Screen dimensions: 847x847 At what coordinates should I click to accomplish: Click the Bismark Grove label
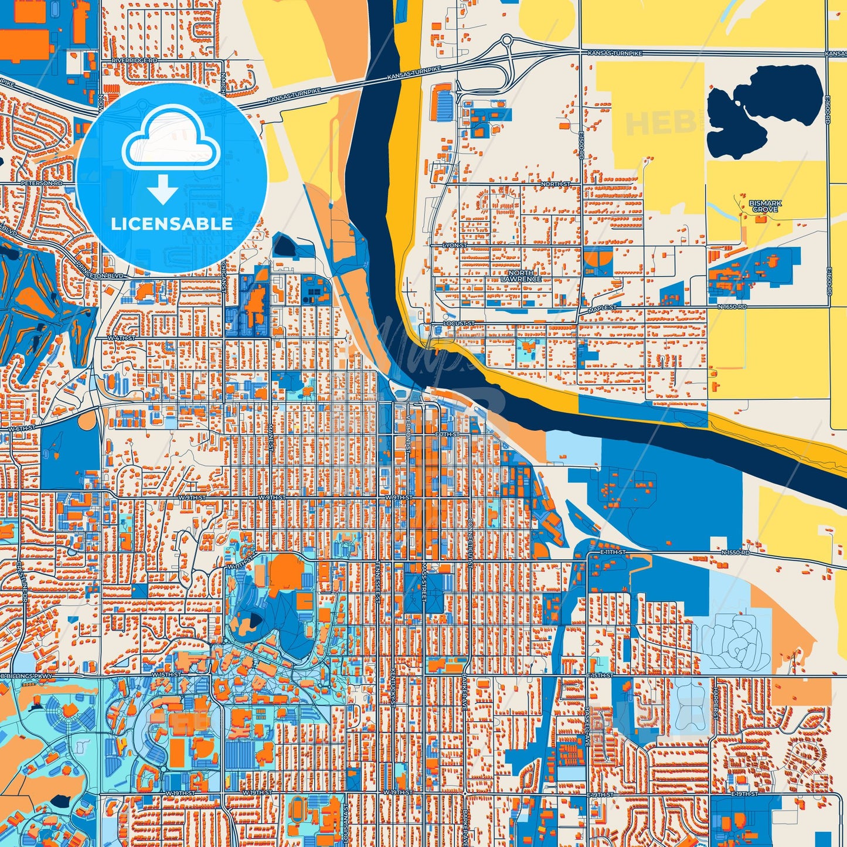765,206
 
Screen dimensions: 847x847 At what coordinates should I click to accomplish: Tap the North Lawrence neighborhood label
521,276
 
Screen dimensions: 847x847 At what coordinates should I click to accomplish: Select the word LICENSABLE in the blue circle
172,224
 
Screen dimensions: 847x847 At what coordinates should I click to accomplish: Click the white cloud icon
171,140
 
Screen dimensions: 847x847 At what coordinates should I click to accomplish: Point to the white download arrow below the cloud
162,190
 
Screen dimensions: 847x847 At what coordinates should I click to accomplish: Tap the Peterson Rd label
41,183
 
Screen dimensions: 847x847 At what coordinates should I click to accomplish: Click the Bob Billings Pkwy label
26,676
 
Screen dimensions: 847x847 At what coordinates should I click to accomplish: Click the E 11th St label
614,552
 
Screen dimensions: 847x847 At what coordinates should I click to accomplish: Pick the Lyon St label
454,244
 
